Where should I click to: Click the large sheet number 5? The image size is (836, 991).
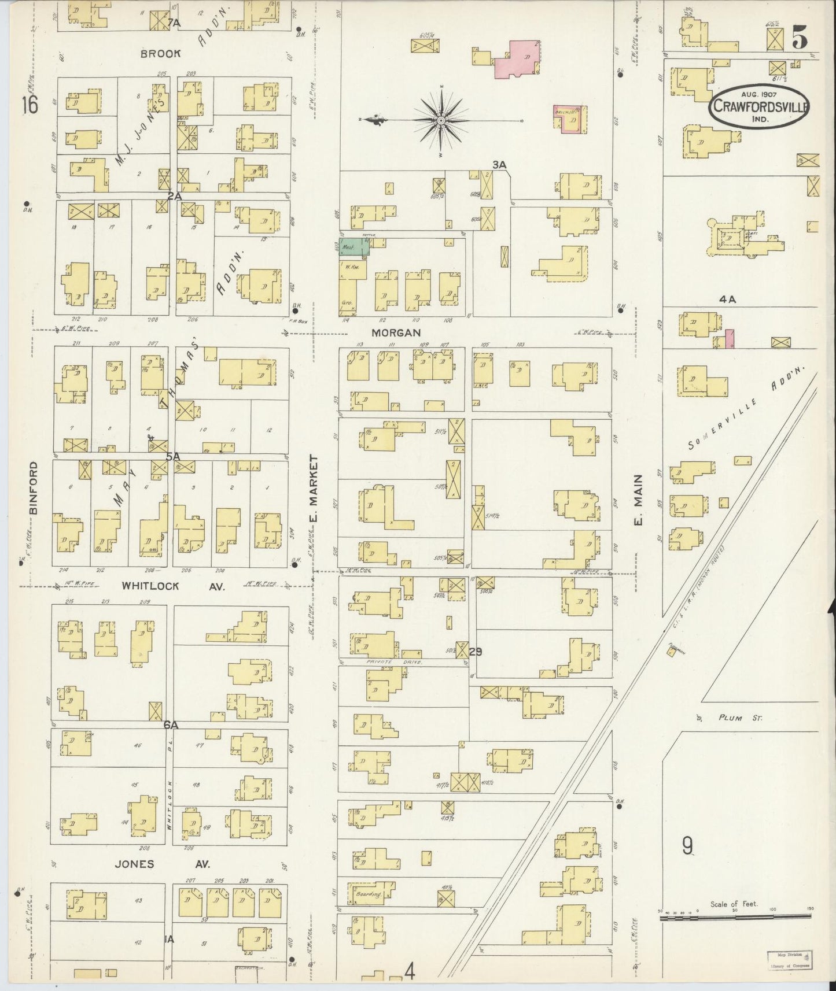[x=800, y=38]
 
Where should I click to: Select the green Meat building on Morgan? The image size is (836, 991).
[x=353, y=247]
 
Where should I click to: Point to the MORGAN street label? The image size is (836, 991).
[x=396, y=333]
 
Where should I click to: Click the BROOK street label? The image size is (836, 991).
[x=161, y=54]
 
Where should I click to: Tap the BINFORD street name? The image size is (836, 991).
[x=33, y=487]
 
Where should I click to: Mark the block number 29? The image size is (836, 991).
[x=476, y=652]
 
